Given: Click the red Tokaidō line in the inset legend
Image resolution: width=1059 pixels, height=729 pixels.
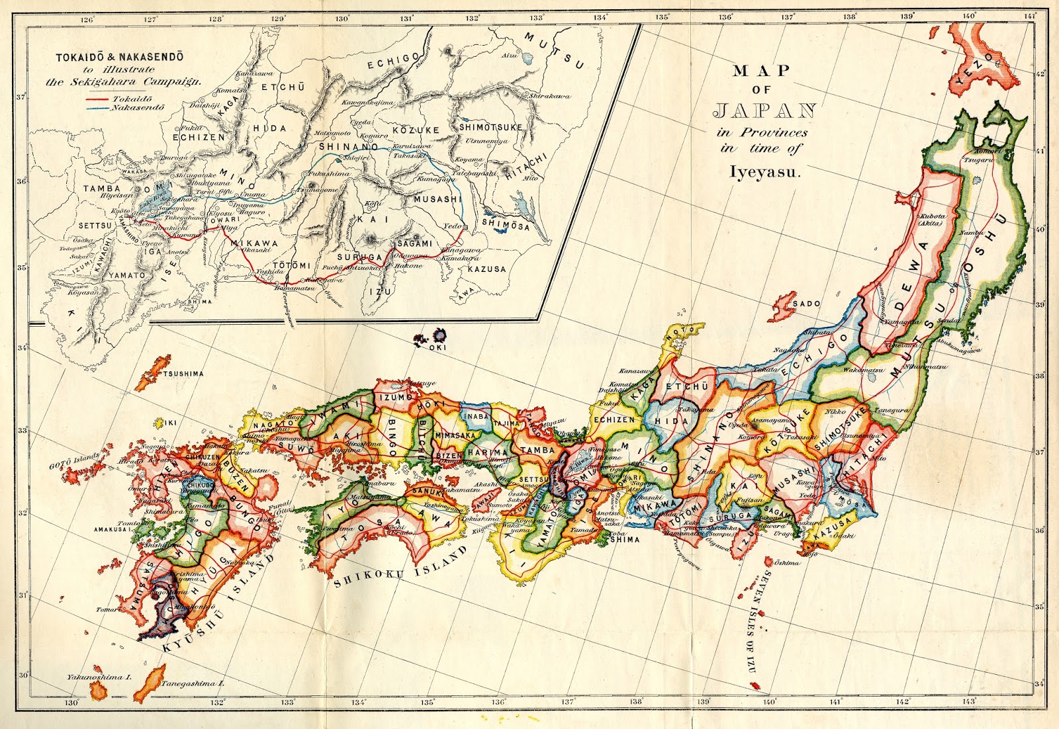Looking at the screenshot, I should click(98, 99).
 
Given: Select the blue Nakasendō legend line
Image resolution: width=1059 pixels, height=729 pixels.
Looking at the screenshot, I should click(98, 107).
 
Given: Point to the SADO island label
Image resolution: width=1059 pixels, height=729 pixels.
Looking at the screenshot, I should click(806, 304).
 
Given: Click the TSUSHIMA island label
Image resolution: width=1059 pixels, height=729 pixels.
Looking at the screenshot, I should click(183, 374).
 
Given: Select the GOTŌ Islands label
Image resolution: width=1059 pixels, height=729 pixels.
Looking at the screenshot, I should click(74, 461).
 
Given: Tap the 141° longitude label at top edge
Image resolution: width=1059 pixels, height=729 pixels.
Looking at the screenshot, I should click(1030, 16).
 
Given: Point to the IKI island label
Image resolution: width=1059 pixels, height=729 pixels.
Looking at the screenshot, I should click(171, 422).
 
